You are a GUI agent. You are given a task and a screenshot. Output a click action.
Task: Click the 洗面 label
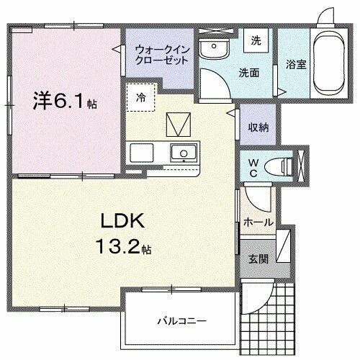[x=249, y=72]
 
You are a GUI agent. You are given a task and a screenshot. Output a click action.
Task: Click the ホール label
[x=258, y=222]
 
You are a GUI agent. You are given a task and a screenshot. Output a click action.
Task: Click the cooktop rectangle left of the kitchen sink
[x=140, y=153]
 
